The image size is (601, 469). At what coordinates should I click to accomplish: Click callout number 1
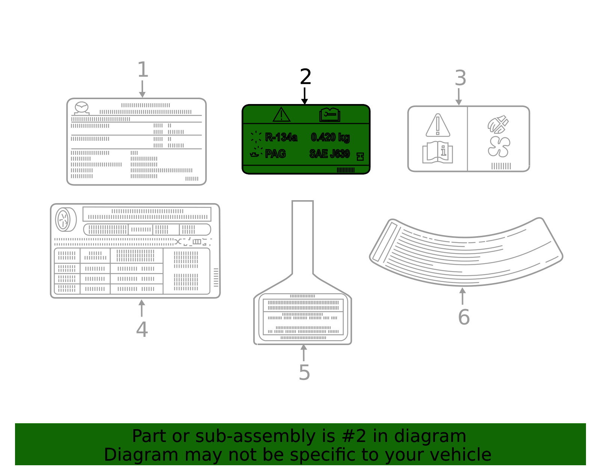[143, 70]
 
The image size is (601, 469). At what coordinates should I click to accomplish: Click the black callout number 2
[305, 77]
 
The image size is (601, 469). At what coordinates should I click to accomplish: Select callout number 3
[460, 78]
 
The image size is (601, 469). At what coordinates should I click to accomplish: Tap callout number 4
[142, 329]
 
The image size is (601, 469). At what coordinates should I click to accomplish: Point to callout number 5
[304, 372]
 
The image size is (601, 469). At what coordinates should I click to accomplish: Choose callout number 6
[464, 317]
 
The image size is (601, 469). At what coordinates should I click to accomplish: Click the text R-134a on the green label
[281, 137]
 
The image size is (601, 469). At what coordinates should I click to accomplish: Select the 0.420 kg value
[330, 137]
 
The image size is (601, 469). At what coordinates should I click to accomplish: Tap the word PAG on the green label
[275, 154]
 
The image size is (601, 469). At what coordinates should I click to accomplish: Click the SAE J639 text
[329, 154]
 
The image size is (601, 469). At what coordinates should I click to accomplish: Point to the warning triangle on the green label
[281, 115]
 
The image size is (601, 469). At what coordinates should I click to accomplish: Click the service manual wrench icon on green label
[330, 115]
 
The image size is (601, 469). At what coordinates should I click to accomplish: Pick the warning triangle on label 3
[438, 125]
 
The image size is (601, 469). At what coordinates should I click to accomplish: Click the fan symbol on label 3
[499, 146]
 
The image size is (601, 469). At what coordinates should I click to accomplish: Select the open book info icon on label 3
[438, 152]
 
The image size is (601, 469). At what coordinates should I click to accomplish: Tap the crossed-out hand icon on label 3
[498, 125]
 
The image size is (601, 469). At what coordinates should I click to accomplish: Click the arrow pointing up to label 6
[462, 296]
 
